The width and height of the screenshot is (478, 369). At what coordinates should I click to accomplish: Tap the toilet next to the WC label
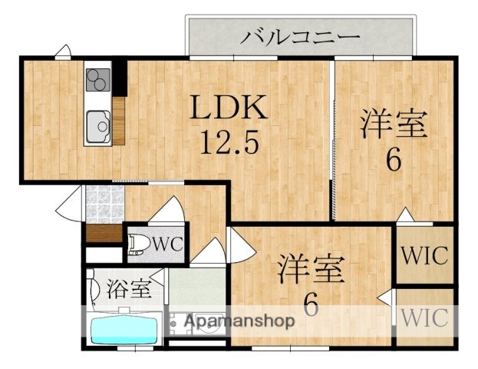139,244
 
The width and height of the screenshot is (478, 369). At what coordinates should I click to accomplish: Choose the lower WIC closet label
424,317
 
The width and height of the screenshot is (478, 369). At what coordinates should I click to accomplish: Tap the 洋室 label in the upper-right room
394,124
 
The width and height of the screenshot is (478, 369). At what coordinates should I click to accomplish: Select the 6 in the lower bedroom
311,305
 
